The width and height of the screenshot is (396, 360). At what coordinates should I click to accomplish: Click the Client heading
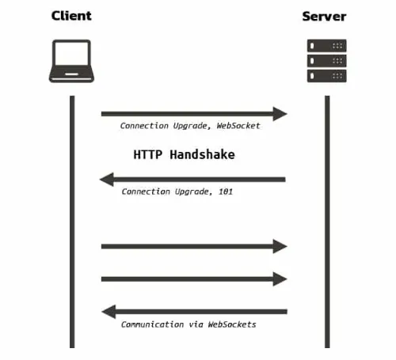click(x=71, y=16)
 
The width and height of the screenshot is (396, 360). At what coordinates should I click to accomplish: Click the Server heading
click(x=324, y=17)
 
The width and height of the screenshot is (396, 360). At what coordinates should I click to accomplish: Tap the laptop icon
click(x=71, y=61)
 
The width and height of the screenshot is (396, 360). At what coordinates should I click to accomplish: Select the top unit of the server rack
click(x=327, y=46)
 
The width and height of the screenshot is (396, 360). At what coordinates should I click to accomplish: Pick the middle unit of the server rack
click(x=327, y=61)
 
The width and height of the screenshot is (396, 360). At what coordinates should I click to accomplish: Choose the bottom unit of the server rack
click(x=327, y=76)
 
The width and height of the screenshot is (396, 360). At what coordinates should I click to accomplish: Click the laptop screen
click(x=71, y=53)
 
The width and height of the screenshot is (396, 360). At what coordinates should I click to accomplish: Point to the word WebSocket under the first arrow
click(x=238, y=126)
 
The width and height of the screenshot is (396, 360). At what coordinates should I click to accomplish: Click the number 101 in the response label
click(x=226, y=191)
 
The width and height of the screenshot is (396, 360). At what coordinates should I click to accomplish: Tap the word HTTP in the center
click(x=148, y=154)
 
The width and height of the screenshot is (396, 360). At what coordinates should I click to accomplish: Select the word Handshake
click(x=202, y=154)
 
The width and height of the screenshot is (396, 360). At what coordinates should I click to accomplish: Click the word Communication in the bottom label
click(x=152, y=324)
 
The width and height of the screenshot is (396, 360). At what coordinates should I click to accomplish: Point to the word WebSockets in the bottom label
click(x=232, y=324)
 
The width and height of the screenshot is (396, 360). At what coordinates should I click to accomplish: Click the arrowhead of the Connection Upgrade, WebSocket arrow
click(x=280, y=114)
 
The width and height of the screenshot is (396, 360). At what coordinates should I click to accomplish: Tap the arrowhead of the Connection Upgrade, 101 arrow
click(x=107, y=180)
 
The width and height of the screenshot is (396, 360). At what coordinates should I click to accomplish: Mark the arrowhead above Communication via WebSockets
click(x=109, y=312)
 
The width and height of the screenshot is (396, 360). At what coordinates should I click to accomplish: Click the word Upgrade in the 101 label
click(x=192, y=191)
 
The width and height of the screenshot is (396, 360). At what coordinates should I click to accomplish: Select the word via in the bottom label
click(x=196, y=324)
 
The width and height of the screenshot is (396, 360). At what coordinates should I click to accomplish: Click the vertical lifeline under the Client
click(x=72, y=222)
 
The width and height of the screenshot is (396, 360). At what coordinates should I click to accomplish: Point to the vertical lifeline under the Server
click(x=327, y=222)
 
